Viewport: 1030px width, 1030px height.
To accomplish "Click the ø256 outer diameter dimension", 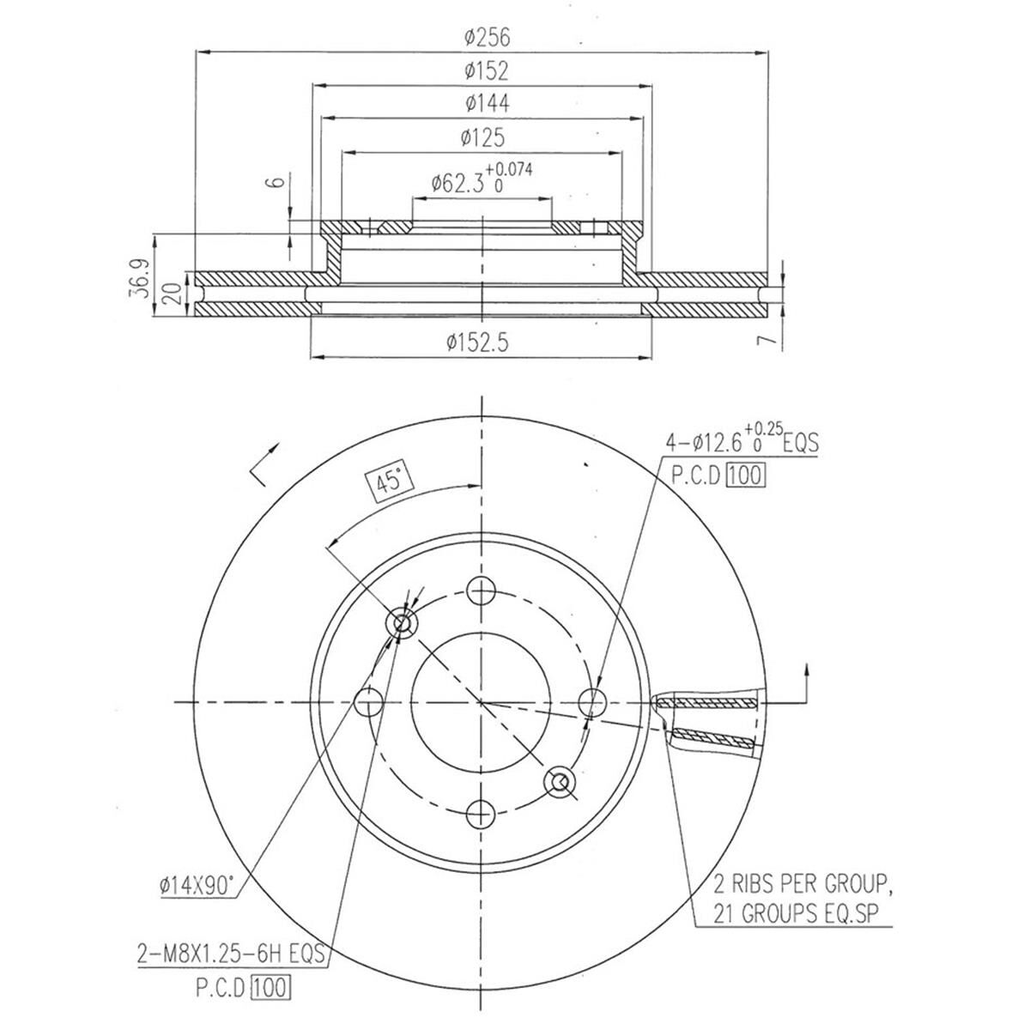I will (x=486, y=37).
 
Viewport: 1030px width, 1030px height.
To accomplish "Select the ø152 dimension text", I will (x=486, y=70).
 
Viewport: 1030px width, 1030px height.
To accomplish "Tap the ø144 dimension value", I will (x=487, y=103).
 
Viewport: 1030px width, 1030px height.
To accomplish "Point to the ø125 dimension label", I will (x=482, y=137).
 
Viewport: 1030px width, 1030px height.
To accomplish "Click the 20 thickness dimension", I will (x=173, y=294).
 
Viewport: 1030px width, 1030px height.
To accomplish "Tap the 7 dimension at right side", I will (x=770, y=340).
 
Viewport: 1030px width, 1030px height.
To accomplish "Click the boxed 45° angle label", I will (x=390, y=482).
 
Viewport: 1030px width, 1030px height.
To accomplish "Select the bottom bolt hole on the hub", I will (x=482, y=812).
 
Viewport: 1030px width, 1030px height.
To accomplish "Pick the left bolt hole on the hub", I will (x=368, y=702).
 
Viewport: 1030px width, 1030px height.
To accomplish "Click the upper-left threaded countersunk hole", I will (x=402, y=624).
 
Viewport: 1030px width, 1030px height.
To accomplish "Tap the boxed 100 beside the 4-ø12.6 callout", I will (x=744, y=475).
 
